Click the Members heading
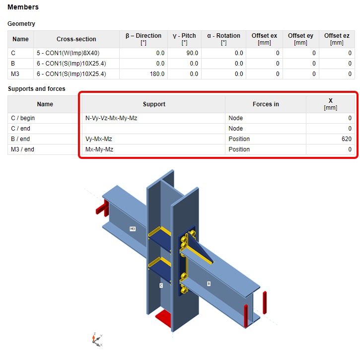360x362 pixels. point(23,7)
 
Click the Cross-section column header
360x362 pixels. point(76,39)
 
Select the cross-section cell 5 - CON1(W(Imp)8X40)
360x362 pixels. point(68,53)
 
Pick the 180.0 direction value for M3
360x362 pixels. point(157,74)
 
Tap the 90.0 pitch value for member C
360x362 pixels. point(192,53)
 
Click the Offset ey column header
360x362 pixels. point(300,39)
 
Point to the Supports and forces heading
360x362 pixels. point(36,89)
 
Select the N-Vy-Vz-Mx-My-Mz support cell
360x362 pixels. point(111,118)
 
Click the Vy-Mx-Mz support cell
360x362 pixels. point(99,139)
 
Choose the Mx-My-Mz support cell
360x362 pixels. point(99,149)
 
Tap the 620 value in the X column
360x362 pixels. point(347,139)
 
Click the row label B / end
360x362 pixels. point(20,139)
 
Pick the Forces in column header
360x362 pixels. point(266,104)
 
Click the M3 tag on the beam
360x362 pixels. point(132,229)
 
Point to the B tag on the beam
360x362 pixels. point(209,284)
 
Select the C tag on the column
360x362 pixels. point(161,286)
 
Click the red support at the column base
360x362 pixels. point(163,319)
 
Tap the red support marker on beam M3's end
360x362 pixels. point(102,208)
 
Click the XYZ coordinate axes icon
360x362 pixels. point(97,340)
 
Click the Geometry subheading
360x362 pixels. point(21,24)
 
